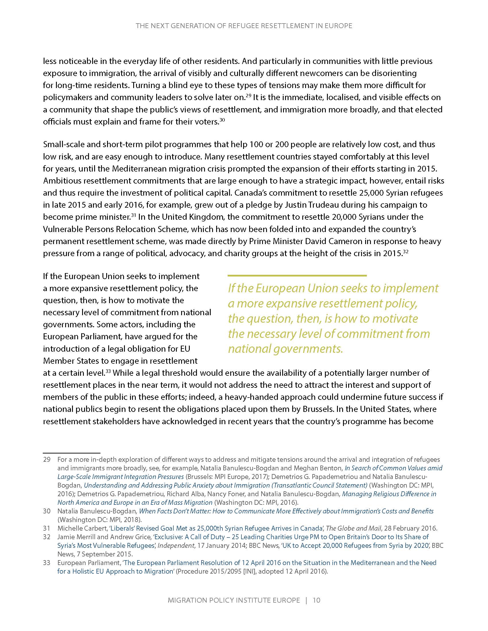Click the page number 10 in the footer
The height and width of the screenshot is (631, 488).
(317, 600)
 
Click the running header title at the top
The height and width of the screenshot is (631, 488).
(244, 26)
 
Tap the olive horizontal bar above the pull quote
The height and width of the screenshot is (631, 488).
(297, 276)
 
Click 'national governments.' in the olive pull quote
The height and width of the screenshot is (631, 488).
(285, 349)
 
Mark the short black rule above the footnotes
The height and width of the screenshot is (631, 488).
(71, 453)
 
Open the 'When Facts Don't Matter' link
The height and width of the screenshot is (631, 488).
(286, 511)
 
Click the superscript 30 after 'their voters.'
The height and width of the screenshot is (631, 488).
(222, 120)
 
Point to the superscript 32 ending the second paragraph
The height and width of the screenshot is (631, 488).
(405, 252)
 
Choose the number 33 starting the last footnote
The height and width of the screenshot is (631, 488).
(47, 562)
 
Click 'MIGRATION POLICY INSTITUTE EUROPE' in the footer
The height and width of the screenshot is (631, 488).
(234, 600)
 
